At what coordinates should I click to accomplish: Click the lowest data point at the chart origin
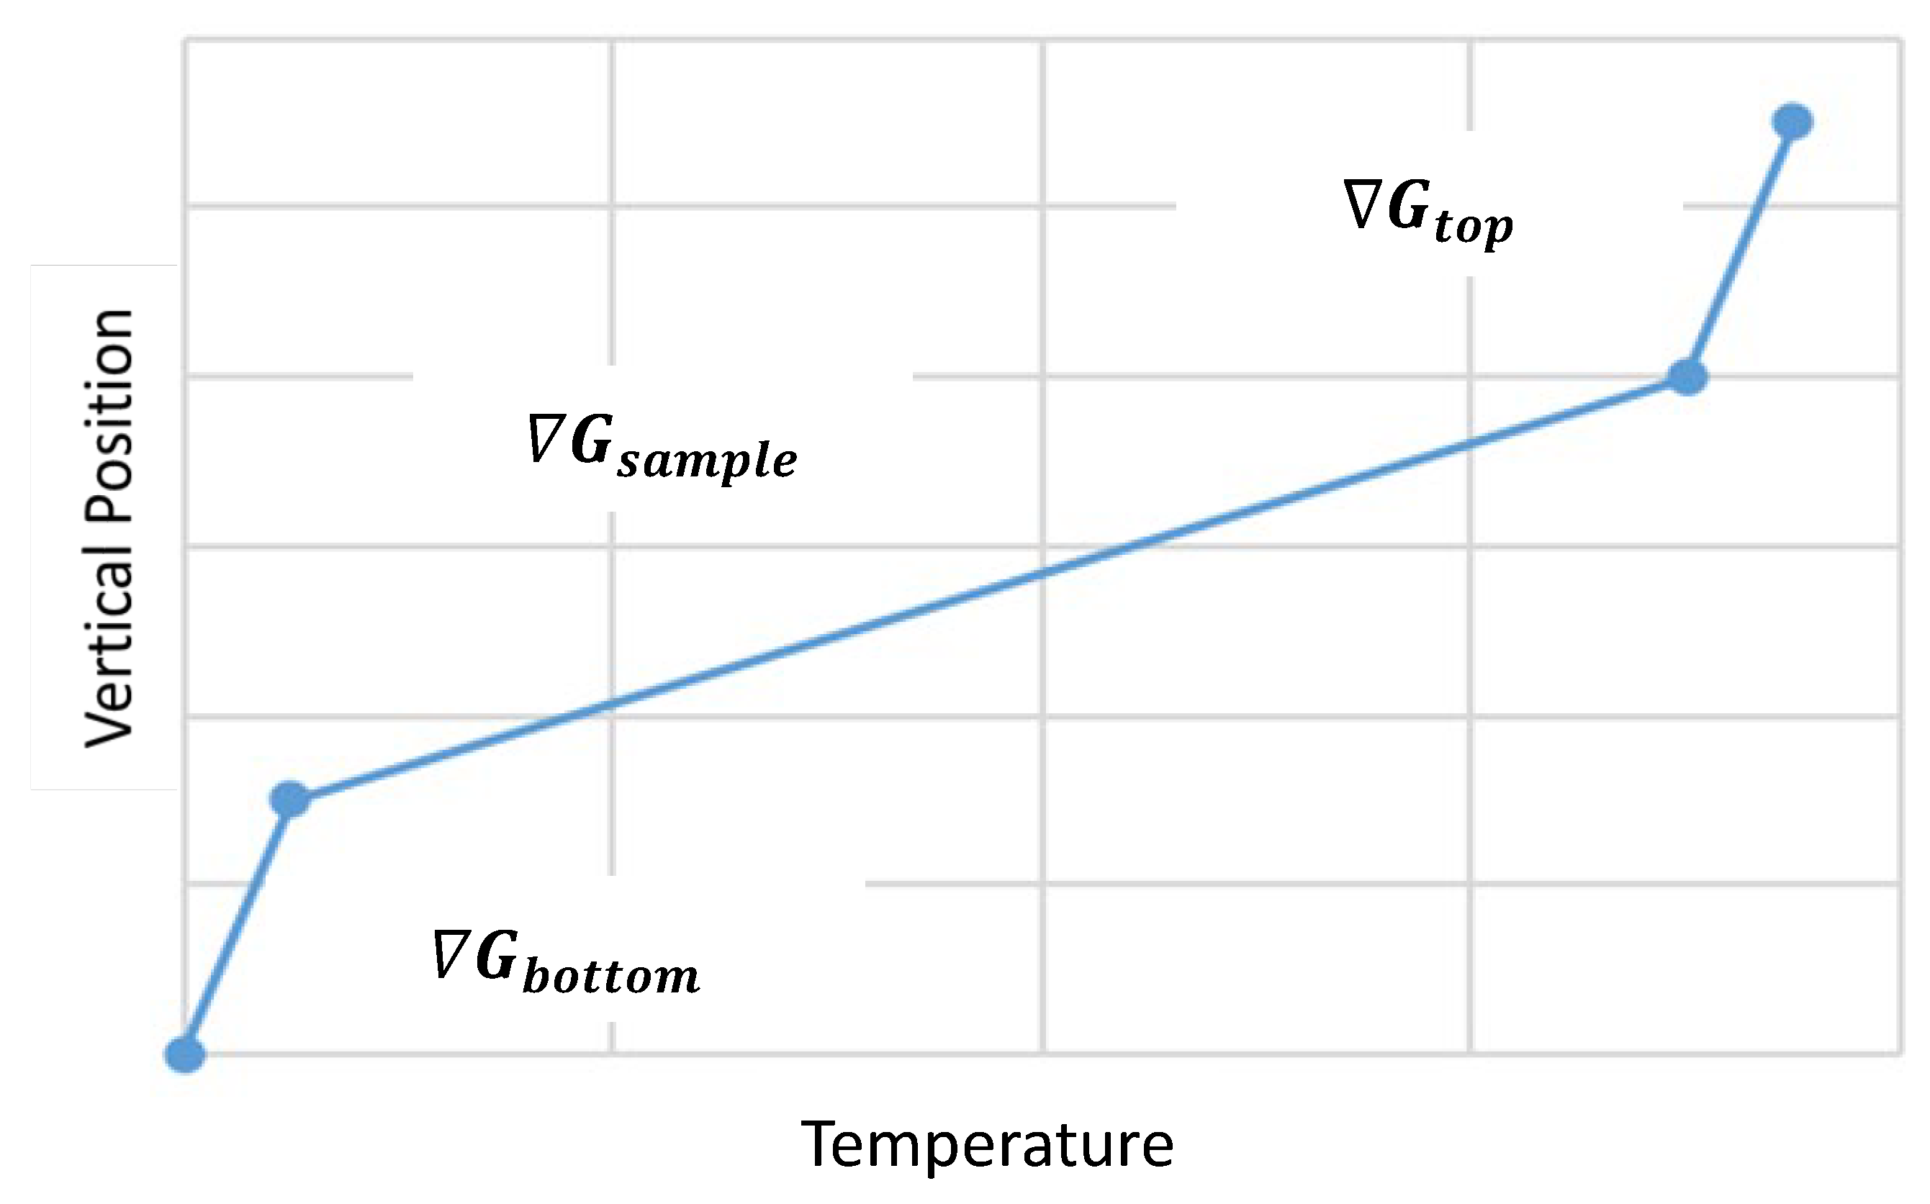(185, 1054)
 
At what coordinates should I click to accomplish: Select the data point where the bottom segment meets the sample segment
(290, 799)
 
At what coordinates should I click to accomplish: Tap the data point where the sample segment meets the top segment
(1687, 376)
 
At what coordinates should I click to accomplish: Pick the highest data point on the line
(1793, 122)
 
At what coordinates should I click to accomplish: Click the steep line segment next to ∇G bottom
(238, 926)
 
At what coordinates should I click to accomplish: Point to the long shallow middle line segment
(988, 588)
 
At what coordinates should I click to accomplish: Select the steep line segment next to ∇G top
(1740, 249)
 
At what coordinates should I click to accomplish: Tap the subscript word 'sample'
(708, 461)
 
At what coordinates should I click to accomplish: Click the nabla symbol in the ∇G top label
(1362, 204)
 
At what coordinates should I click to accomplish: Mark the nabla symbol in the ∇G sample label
(546, 438)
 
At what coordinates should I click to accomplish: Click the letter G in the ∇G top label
(1408, 205)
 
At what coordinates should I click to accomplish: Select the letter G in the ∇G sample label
(592, 439)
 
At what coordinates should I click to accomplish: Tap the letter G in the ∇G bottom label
(497, 954)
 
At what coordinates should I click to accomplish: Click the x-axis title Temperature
(987, 1144)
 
